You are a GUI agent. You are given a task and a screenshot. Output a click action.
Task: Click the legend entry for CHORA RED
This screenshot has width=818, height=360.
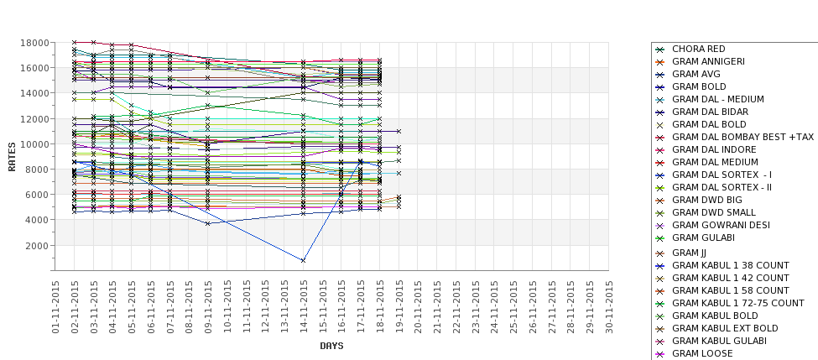coord(698,49)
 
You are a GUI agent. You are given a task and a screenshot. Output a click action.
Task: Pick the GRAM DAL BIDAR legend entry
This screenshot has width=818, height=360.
coord(710,112)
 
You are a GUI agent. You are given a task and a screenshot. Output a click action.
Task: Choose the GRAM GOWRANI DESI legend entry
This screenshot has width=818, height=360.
coord(721,225)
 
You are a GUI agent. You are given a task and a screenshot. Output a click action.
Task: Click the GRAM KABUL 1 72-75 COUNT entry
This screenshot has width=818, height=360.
coord(737,303)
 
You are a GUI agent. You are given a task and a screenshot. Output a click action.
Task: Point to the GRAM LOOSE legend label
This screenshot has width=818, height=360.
coord(702,353)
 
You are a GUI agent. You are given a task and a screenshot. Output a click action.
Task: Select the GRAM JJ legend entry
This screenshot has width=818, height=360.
coord(689,253)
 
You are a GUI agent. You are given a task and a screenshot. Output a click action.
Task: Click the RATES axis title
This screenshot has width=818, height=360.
coord(12,156)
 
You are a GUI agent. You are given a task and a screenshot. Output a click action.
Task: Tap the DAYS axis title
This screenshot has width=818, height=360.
coord(331,346)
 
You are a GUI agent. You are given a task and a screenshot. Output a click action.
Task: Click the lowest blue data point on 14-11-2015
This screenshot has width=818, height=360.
coord(303,260)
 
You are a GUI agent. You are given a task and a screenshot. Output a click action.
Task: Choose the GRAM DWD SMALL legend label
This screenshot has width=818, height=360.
coord(713,212)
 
